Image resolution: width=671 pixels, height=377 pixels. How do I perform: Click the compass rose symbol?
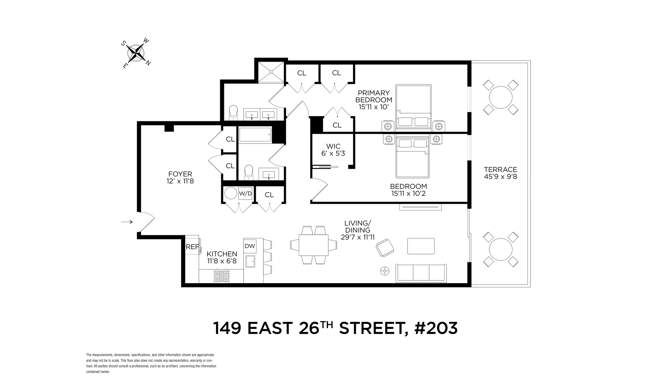click(x=136, y=53)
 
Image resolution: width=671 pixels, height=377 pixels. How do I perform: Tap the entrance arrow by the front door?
click(x=127, y=222)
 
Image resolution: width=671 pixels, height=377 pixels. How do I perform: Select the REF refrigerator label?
click(x=192, y=247)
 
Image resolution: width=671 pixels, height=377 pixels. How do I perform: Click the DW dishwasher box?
click(x=250, y=246)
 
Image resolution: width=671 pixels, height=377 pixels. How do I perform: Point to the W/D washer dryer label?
click(x=245, y=193)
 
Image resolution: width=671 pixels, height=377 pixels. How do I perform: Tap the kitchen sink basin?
click(x=251, y=260)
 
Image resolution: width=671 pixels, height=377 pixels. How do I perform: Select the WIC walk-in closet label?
click(x=333, y=146)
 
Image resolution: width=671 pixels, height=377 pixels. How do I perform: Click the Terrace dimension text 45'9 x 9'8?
click(x=500, y=177)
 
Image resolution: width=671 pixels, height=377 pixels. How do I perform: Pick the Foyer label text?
click(x=180, y=174)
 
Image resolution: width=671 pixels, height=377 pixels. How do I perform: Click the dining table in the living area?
click(x=313, y=245)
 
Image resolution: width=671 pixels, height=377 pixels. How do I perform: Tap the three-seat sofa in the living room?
click(x=421, y=273)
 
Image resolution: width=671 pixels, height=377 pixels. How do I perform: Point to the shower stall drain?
click(x=271, y=72)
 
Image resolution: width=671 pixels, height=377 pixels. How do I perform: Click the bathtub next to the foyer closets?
click(x=255, y=135)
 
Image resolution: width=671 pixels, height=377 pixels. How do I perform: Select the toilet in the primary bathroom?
click(x=233, y=112)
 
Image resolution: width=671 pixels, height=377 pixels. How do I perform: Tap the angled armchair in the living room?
click(x=385, y=248)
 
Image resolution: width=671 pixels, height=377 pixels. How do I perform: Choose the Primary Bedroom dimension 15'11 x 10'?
click(x=374, y=107)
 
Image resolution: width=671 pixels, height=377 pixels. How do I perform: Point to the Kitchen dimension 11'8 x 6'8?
click(x=222, y=261)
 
